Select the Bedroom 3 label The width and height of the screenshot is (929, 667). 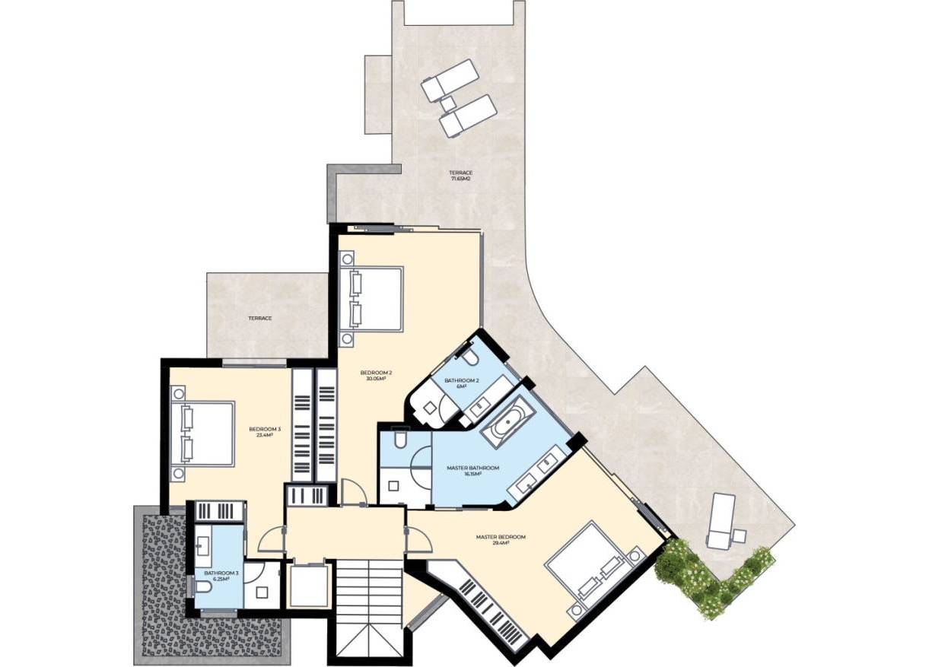[265, 432]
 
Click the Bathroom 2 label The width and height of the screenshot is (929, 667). [462, 383]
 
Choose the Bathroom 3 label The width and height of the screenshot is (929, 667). [216, 575]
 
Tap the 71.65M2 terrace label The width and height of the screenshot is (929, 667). [460, 176]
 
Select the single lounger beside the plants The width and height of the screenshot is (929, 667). [721, 520]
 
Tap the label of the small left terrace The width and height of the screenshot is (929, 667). [259, 318]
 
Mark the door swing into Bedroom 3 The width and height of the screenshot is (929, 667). [270, 541]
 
